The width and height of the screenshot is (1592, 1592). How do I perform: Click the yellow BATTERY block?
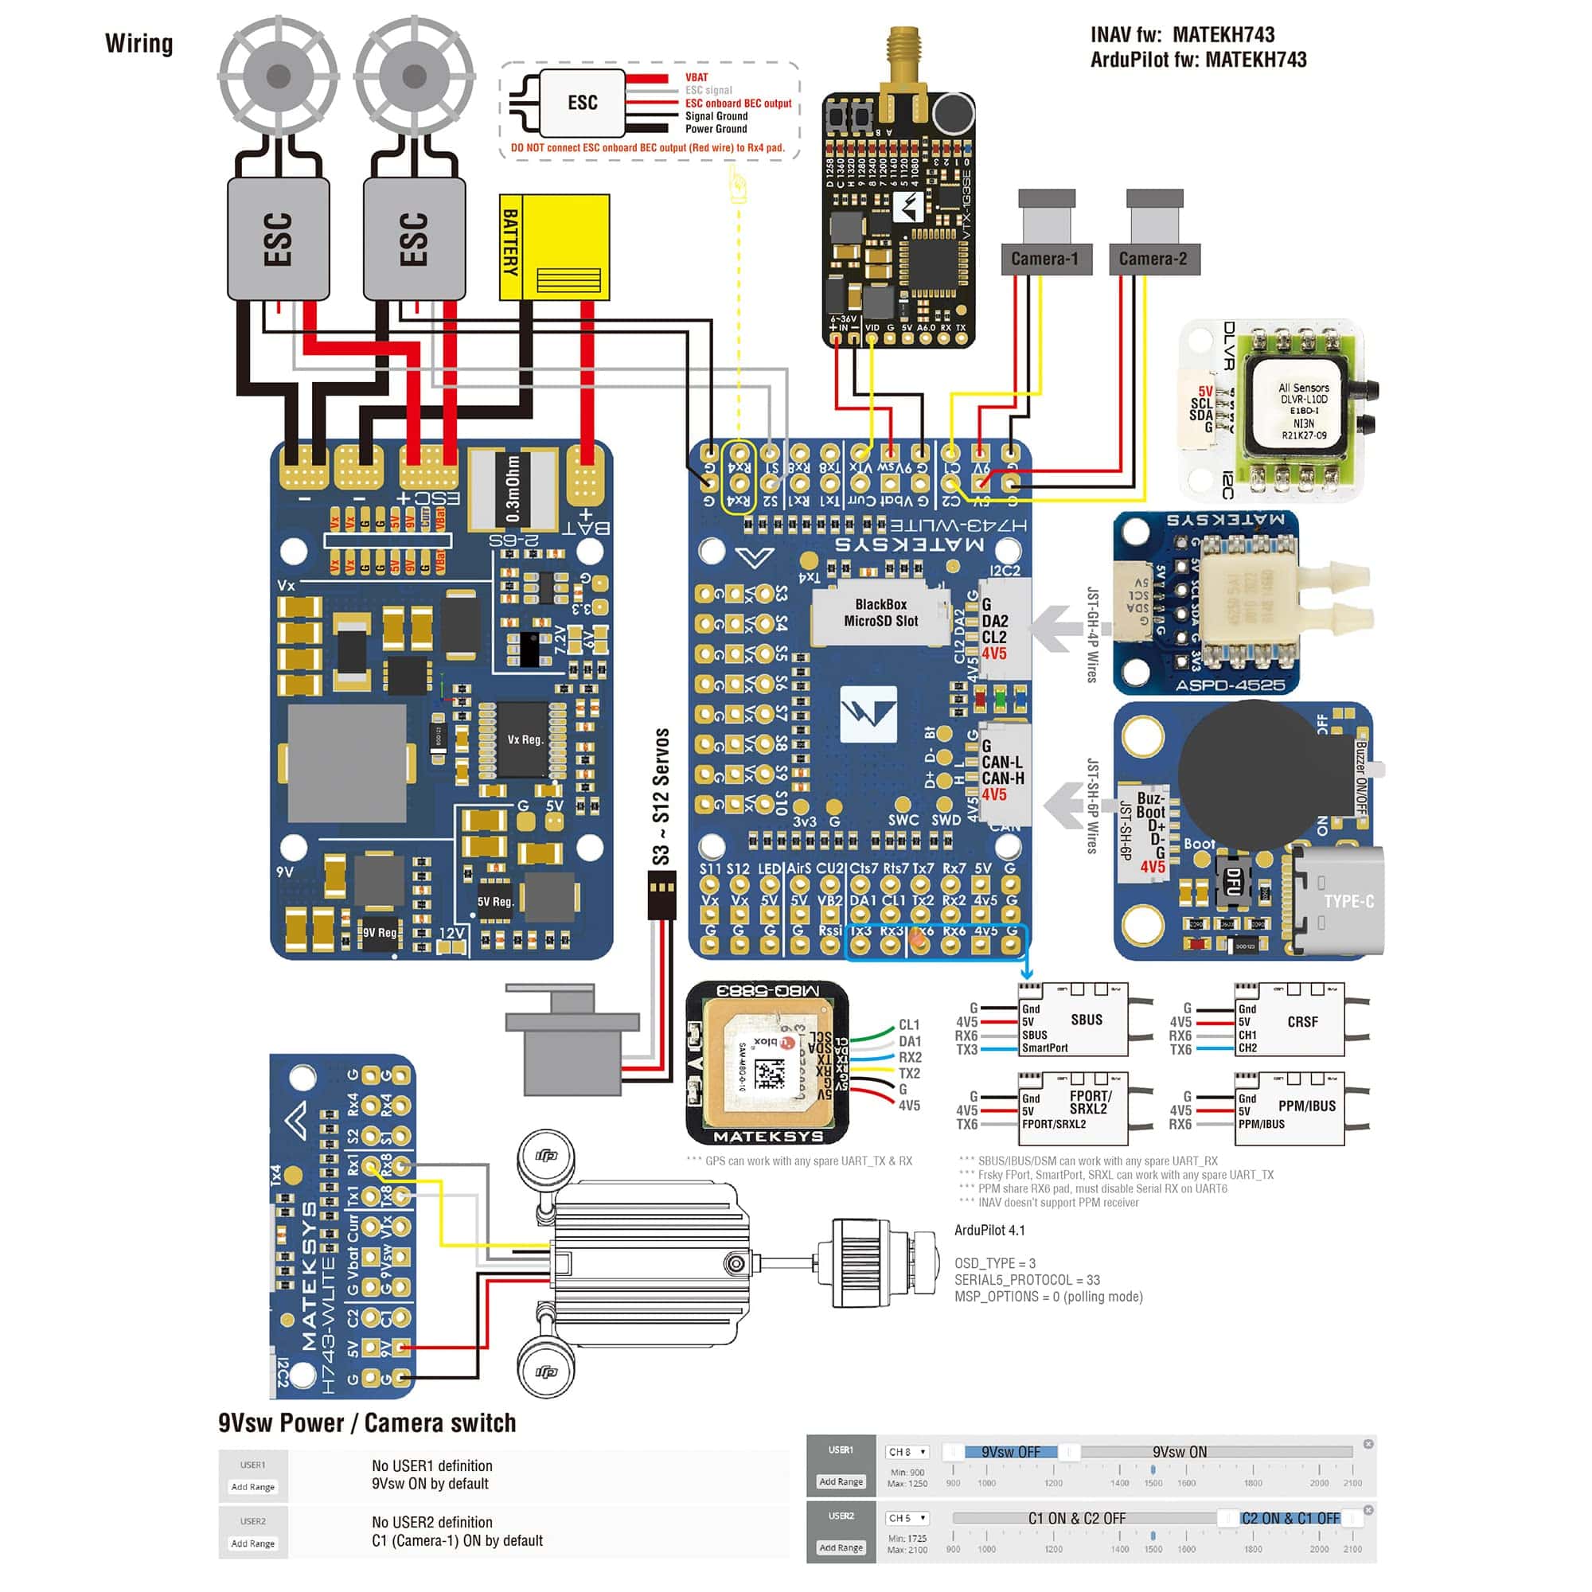[x=554, y=248]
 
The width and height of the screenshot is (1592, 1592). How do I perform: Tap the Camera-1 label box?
[x=1046, y=259]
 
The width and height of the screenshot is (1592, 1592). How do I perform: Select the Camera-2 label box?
[x=1153, y=259]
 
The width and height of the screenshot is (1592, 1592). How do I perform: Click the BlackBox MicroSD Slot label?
[x=880, y=613]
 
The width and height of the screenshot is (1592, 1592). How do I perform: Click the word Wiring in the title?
[x=139, y=43]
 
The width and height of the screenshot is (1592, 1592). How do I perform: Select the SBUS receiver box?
[x=1073, y=1020]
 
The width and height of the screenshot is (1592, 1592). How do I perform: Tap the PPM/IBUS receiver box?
[x=1290, y=1109]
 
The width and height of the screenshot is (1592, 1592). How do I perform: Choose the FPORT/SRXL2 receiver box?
[x=1073, y=1109]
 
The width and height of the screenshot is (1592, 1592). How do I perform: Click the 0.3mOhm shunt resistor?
[x=513, y=490]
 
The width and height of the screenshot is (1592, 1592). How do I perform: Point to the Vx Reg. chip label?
[x=524, y=739]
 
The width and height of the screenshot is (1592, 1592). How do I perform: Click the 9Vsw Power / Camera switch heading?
[x=367, y=1423]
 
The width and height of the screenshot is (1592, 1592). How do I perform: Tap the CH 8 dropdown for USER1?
[x=907, y=1452]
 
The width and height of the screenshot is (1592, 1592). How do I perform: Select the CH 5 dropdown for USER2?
[x=907, y=1518]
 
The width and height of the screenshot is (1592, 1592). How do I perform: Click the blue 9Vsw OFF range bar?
[x=1010, y=1452]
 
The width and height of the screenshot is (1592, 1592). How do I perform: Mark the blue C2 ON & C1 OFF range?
[x=1290, y=1518]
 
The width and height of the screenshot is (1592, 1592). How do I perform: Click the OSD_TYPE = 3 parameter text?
[x=994, y=1263]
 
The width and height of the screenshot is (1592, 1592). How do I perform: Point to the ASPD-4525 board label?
[x=1230, y=685]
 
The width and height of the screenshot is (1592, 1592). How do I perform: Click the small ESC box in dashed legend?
[x=582, y=103]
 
